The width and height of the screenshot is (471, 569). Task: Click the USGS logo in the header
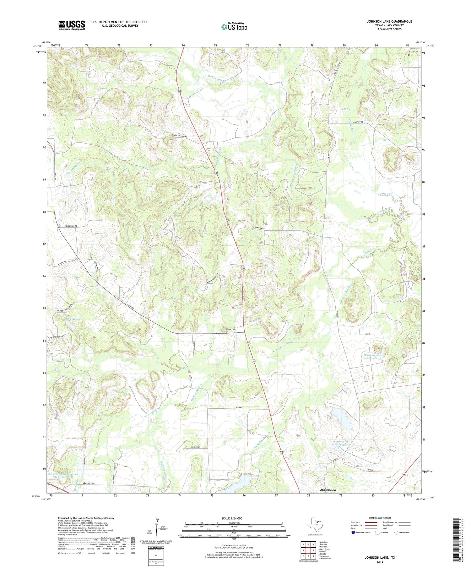72,25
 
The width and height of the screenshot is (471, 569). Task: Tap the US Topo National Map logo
234,27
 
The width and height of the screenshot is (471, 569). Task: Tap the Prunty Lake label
74,319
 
